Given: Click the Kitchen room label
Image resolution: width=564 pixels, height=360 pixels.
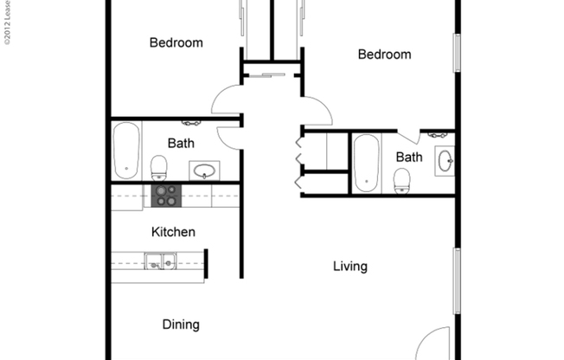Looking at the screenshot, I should [173, 232].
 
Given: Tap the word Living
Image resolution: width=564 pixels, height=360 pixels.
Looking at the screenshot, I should [350, 267].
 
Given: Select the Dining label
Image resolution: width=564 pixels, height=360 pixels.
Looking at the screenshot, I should [181, 325].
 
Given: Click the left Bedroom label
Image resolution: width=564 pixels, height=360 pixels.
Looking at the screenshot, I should [176, 42].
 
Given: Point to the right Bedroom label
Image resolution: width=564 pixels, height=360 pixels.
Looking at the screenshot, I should [384, 55].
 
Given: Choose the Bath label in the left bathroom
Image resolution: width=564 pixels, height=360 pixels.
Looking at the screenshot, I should [181, 144].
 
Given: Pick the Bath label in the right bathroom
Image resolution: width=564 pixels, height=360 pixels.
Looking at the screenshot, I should [409, 157].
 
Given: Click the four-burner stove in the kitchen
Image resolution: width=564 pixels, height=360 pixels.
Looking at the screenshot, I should [165, 196].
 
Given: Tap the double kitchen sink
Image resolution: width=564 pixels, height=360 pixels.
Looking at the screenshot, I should [160, 260].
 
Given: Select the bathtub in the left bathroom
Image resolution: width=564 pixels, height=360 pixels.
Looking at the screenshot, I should [126, 151].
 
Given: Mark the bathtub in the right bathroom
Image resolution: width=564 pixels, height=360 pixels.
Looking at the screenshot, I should [365, 163].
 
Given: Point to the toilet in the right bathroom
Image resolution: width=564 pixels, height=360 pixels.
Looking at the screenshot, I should [401, 179].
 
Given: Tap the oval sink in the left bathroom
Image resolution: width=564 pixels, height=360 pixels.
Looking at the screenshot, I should [204, 171].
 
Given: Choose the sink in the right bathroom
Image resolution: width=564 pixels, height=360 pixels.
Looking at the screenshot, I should [445, 160].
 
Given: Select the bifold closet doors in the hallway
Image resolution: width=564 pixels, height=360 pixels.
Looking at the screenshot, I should [299, 160].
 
